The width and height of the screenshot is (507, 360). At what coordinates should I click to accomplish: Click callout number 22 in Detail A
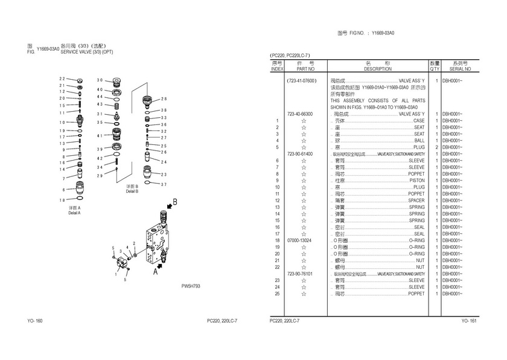point(62,79)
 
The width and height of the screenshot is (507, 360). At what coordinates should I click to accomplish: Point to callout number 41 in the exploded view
point(100,135)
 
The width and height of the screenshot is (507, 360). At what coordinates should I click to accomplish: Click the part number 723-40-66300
point(300,114)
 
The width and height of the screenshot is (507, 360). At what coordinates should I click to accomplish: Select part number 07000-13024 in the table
point(300,240)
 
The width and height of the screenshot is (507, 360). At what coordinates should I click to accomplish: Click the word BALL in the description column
point(419,140)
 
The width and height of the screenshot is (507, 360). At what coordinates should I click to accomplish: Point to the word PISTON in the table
point(416,181)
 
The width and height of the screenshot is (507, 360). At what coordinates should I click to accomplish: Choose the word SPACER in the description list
point(416,201)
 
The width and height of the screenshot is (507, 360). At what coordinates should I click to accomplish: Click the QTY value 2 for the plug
point(435,147)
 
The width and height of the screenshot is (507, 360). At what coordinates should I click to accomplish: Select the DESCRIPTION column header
point(378,69)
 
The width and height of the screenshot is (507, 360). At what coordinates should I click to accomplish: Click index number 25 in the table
point(277,294)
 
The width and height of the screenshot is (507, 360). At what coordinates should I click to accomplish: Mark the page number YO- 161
point(468,320)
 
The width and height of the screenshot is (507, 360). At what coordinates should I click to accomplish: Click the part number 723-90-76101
point(300,274)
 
